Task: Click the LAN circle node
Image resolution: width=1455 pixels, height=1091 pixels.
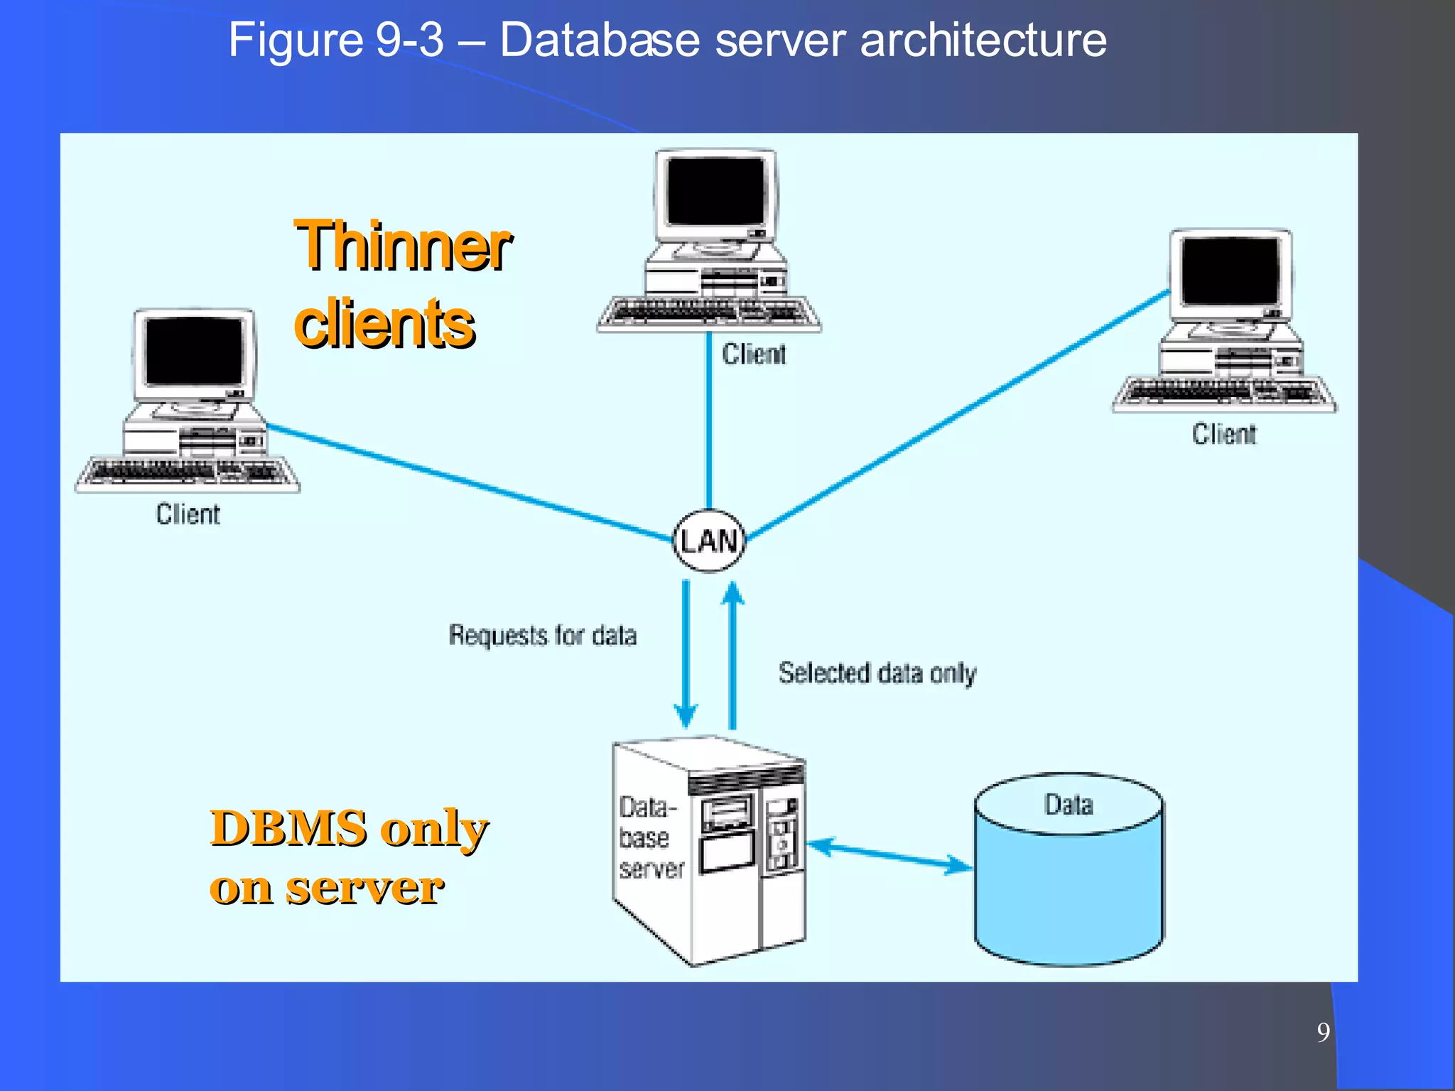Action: pos(709,541)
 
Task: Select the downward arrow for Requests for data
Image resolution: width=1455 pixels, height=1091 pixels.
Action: pos(686,653)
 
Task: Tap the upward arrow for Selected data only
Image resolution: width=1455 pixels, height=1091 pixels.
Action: pos(732,653)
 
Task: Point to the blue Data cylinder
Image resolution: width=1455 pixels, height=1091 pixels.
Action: pos(1069,888)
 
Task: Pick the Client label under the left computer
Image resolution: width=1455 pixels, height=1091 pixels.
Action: pos(188,514)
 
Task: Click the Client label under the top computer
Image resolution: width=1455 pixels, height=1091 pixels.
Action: pos(754,354)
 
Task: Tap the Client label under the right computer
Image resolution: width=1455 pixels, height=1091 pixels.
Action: pos(1223,434)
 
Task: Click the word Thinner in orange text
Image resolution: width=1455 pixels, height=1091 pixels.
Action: pos(402,246)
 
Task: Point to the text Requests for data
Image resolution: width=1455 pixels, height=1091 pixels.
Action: pos(542,635)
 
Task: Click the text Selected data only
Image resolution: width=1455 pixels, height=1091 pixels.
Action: pos(877,673)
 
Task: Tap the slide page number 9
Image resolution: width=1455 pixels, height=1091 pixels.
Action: pos(1323,1032)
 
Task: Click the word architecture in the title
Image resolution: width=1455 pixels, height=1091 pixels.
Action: pos(983,40)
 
